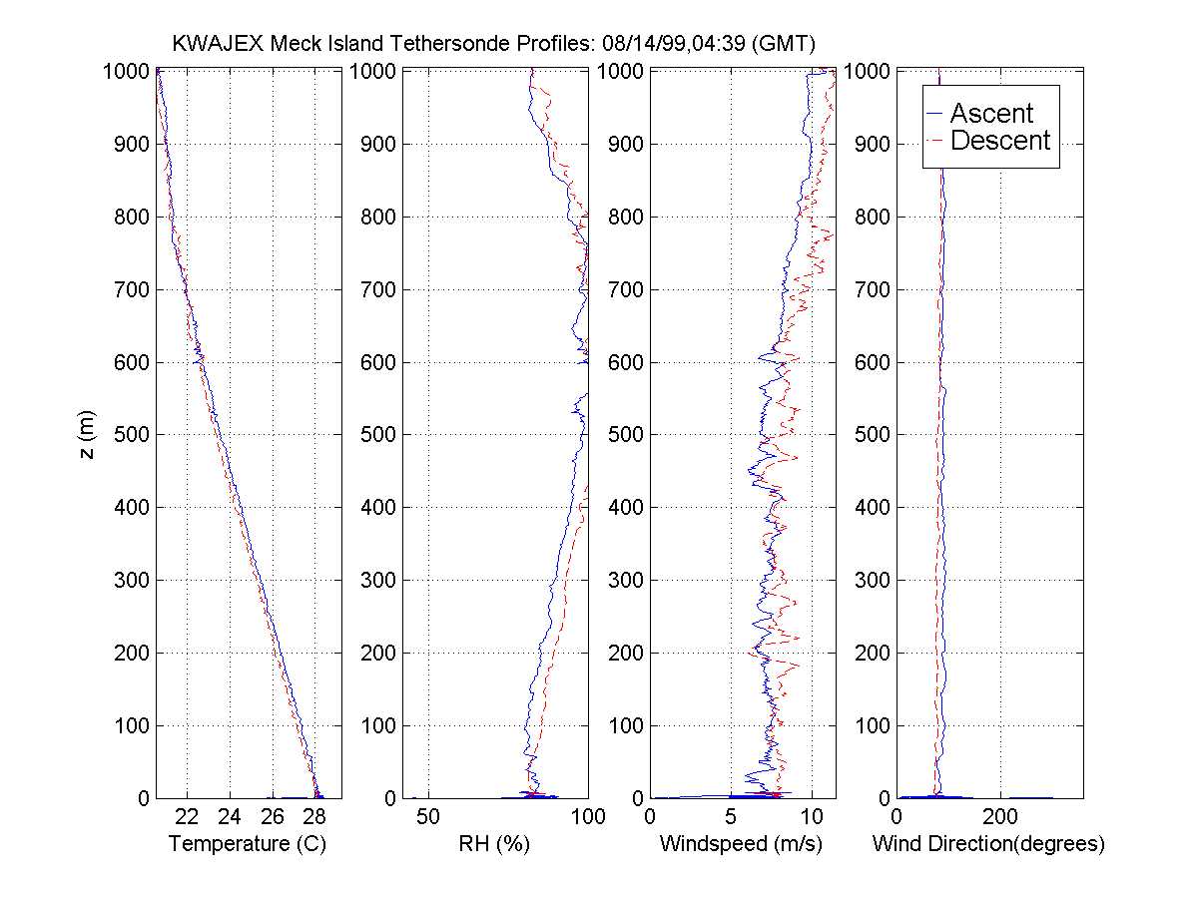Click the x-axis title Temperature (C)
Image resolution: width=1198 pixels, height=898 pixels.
coord(248,844)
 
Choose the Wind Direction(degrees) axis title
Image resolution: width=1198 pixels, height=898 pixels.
coord(988,844)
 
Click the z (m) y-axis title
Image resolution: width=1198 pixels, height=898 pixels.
coord(88,435)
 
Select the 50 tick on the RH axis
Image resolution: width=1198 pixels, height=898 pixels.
coord(428,817)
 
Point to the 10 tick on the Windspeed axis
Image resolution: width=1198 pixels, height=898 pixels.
coord(813,817)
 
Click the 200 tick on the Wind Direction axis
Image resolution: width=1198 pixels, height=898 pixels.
coord(1000,817)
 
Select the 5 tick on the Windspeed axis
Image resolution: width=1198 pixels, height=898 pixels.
coord(732,817)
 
